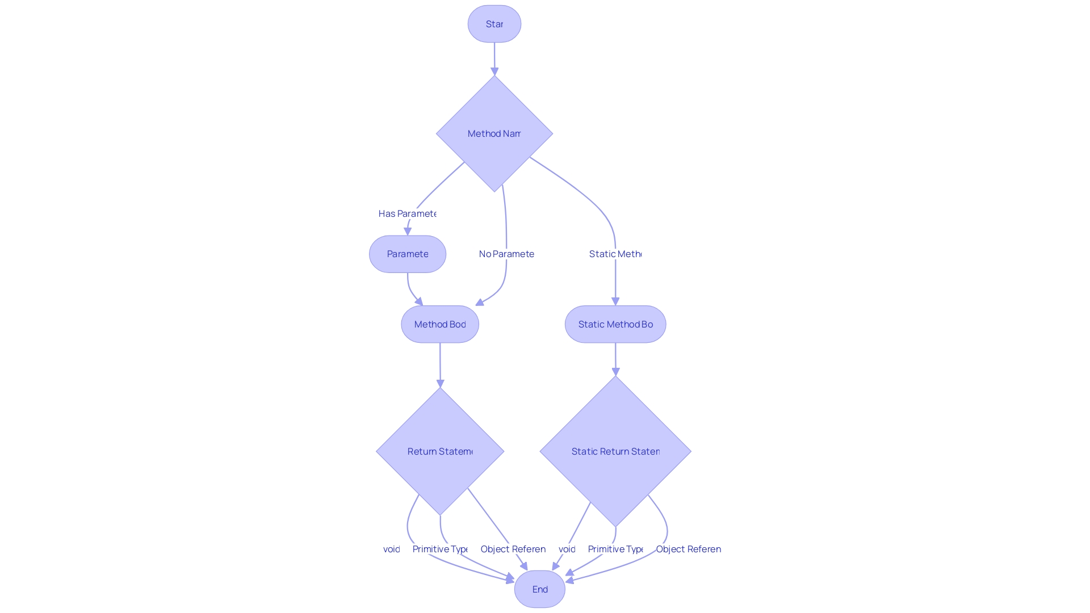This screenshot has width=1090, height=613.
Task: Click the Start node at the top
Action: pos(494,24)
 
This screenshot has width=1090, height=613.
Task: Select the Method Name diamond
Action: pos(494,134)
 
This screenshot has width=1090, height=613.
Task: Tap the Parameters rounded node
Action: pos(407,254)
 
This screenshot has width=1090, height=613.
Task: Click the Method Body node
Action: pos(440,325)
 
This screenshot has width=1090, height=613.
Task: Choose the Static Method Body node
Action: pos(615,325)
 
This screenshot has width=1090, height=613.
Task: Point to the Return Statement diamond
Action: pos(440,452)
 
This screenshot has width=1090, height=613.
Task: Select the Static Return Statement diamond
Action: pos(615,452)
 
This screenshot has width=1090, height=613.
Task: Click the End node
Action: pos(539,589)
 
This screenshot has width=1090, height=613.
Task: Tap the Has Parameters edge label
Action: pos(407,214)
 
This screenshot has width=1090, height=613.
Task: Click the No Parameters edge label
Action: pos(506,254)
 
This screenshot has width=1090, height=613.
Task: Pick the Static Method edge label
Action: pos(615,254)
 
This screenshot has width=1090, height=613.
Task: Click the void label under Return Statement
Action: pos(392,549)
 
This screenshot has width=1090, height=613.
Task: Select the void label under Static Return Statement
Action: pos(567,549)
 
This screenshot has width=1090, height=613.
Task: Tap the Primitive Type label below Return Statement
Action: pos(440,549)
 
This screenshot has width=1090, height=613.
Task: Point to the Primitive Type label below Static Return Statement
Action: pos(615,549)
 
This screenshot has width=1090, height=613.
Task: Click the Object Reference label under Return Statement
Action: pos(513,549)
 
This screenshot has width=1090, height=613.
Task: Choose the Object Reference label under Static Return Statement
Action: pos(689,549)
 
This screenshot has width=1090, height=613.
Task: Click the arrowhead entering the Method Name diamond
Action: pos(494,72)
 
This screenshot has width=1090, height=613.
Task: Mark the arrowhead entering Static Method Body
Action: pos(615,301)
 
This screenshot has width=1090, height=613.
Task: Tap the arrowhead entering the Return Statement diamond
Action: pos(440,384)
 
